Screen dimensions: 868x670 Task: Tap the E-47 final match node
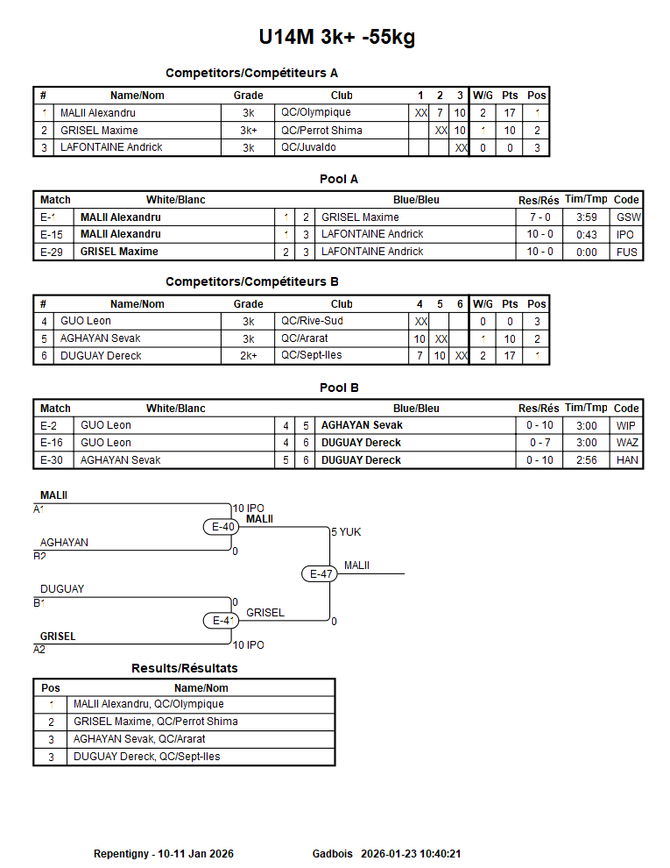(321, 574)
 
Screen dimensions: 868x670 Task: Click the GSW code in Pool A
(627, 217)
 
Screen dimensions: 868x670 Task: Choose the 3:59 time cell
(586, 217)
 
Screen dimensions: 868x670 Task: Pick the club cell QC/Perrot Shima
(321, 130)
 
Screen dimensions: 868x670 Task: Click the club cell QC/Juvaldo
(309, 147)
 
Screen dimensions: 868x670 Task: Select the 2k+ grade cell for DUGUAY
(249, 356)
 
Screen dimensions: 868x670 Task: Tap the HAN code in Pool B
(627, 460)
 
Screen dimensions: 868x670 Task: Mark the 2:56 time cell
(586, 460)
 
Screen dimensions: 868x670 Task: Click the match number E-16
(53, 443)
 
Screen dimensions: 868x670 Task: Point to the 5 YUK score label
(346, 532)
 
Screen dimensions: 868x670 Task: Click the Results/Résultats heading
(185, 668)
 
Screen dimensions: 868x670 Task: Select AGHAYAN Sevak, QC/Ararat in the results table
(139, 739)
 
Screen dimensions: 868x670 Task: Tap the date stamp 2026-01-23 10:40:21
(411, 853)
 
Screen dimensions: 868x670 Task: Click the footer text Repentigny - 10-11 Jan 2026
(164, 853)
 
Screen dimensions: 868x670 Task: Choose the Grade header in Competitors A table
(249, 96)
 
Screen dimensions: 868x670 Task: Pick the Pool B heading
(339, 388)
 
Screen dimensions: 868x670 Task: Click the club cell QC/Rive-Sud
(311, 322)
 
